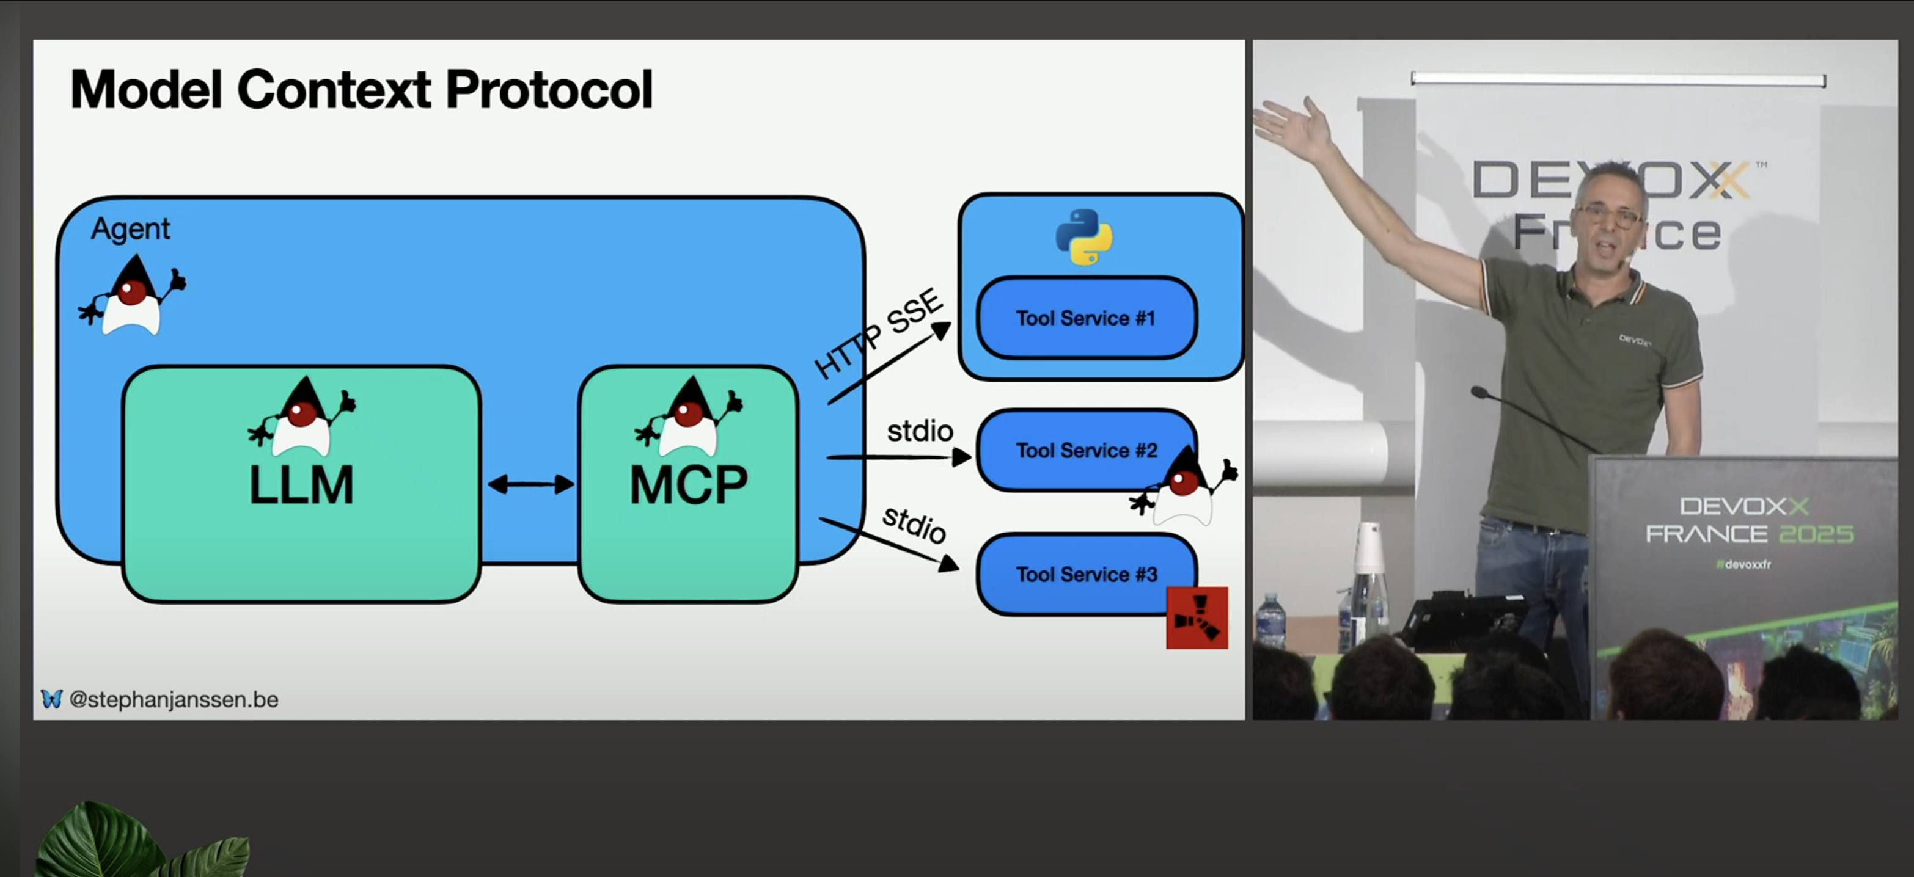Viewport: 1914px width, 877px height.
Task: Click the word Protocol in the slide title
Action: point(548,90)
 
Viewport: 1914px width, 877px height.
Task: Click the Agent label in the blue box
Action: point(130,229)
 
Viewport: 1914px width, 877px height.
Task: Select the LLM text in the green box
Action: point(301,486)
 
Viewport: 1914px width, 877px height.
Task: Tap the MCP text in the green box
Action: point(688,486)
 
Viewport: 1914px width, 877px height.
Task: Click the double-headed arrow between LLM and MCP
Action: point(530,485)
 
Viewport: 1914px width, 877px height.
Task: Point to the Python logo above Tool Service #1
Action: point(1084,237)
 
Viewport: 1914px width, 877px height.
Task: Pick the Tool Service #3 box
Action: point(1085,574)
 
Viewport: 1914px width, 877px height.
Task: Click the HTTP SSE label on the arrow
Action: point(878,334)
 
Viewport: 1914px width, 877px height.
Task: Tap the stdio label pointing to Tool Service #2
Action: point(920,431)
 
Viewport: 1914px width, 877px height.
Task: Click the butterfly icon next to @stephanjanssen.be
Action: point(51,699)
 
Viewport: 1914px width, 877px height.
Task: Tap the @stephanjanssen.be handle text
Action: point(174,699)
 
